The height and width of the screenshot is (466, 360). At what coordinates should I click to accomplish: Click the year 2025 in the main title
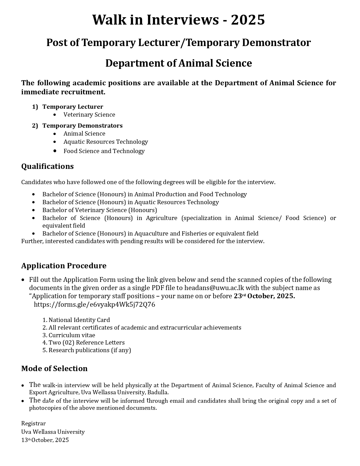248,20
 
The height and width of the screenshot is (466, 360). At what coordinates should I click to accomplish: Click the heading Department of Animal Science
178,63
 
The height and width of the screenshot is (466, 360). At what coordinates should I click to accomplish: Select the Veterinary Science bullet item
89,115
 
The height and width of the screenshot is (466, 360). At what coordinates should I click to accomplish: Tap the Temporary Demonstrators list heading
82,125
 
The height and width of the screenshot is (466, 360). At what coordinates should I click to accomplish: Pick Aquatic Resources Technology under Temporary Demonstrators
106,142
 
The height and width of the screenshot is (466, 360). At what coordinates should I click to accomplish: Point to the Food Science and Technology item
104,151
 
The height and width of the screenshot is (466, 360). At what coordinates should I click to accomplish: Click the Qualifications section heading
47,166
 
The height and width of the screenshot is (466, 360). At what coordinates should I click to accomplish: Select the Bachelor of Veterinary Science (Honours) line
99,210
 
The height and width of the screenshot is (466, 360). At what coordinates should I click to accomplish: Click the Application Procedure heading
64,266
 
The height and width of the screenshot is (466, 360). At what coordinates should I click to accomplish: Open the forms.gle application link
94,304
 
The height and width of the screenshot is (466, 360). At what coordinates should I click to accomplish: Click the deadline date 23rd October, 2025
264,296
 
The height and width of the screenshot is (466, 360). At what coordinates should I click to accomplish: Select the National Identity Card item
79,320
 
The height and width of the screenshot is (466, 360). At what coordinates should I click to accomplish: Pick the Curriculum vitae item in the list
72,335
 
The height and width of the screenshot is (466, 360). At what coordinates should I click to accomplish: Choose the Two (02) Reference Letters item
86,343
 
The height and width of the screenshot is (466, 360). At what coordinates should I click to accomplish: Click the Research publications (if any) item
90,350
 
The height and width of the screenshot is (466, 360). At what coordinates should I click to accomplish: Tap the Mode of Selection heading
54,369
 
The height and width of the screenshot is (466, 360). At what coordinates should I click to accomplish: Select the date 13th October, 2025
45,440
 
